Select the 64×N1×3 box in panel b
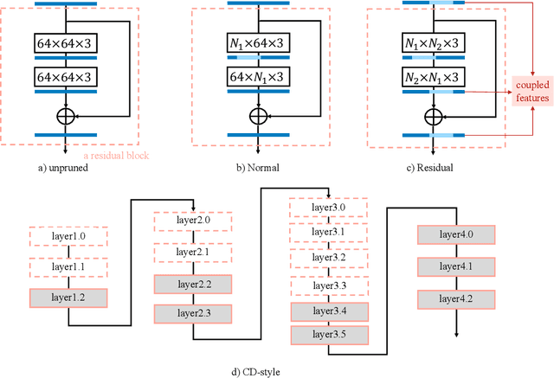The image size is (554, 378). click(x=254, y=79)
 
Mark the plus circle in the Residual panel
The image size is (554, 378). click(x=428, y=113)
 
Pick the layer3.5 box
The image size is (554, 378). click(x=330, y=334)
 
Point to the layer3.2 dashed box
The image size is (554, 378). click(x=330, y=258)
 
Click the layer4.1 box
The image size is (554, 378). click(x=456, y=267)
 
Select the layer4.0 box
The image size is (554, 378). click(x=456, y=234)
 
